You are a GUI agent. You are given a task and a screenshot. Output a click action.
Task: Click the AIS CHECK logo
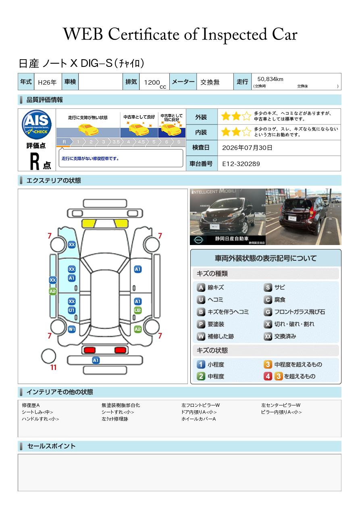37,124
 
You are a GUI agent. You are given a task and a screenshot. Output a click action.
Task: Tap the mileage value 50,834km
270,79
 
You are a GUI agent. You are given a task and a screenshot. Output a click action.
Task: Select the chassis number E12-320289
241,164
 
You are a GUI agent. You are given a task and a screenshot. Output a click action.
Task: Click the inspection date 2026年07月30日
247,148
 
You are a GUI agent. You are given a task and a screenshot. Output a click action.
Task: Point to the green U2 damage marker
138,310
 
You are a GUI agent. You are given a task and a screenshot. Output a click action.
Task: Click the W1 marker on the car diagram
72,329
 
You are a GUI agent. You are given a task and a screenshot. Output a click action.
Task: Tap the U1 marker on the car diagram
72,310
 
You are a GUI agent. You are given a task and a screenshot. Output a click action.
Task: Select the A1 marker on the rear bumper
96,360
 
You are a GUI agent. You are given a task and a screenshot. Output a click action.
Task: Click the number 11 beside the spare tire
53,367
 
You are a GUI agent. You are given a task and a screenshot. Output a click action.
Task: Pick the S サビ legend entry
274,287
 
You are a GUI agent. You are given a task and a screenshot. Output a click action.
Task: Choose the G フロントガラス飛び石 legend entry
294,312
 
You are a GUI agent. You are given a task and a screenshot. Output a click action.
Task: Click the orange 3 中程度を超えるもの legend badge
268,364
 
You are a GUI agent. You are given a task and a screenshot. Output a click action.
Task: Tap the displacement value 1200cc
155,83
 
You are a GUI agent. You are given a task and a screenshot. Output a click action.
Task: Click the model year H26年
47,82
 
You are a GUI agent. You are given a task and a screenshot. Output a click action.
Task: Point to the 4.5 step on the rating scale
141,142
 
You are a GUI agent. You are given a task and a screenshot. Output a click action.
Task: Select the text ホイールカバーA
198,419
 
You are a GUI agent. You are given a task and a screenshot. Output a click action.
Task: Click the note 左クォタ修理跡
115,419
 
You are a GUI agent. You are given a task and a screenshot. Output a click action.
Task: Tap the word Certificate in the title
144,34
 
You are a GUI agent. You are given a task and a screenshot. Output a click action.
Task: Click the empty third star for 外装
247,116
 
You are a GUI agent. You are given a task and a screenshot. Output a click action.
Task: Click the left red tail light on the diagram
89,350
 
